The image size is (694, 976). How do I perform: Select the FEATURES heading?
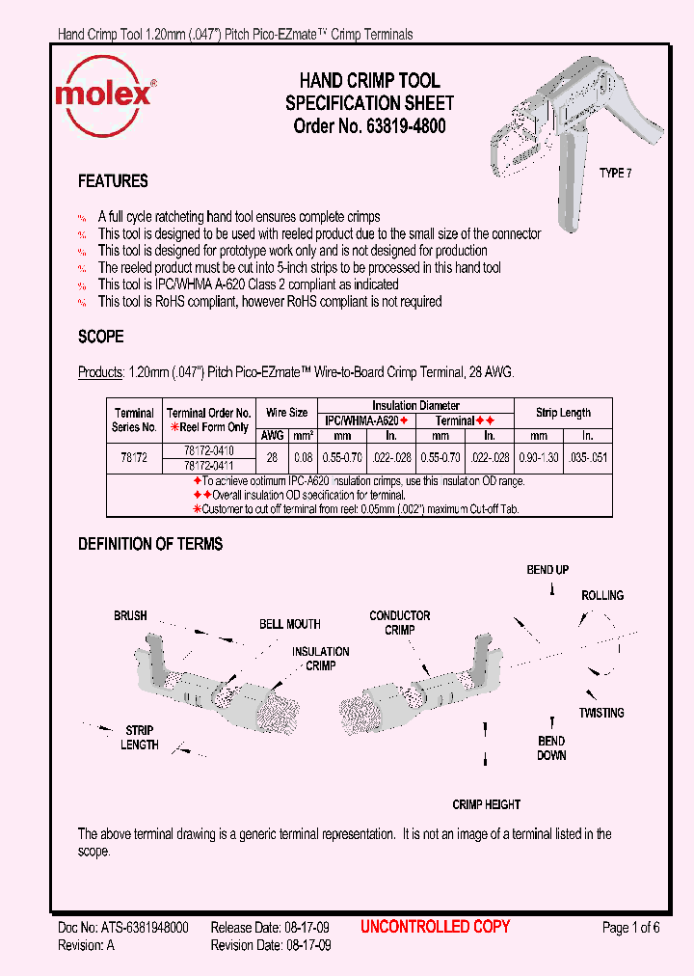pos(113,181)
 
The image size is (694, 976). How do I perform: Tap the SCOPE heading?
pos(100,338)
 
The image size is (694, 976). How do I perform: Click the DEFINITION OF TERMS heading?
pos(150,544)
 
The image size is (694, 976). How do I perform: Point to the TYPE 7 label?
pos(617,174)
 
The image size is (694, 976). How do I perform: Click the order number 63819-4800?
pos(369,126)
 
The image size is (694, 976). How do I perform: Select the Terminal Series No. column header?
pos(135,420)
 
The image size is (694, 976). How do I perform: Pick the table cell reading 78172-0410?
pos(208,450)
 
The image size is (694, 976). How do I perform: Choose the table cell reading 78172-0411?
pos(208,465)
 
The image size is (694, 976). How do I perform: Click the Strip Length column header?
pos(563,413)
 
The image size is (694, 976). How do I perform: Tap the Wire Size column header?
pos(286,413)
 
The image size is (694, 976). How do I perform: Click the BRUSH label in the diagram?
pos(130,615)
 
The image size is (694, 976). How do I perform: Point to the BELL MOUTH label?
pos(289,624)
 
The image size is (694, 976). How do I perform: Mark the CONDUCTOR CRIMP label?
pos(399,623)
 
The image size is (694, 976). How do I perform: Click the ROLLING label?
pos(601,595)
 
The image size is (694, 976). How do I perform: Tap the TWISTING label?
pos(601,713)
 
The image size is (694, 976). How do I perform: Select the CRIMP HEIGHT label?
pos(486,804)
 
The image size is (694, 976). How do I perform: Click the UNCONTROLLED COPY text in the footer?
pos(435,927)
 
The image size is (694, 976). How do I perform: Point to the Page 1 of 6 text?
pos(630,928)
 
